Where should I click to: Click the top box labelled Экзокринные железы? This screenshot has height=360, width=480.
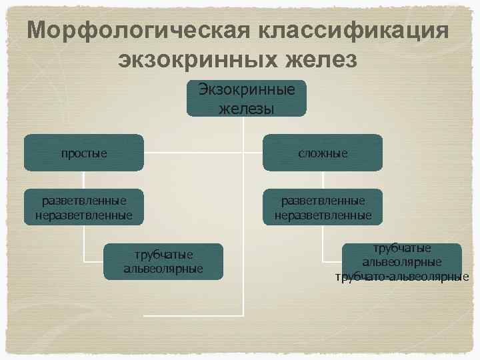(x=246, y=98)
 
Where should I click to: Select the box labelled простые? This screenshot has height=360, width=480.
(x=84, y=153)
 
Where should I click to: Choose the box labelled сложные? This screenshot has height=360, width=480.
(x=323, y=153)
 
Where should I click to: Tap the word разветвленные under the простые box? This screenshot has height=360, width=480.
(x=83, y=200)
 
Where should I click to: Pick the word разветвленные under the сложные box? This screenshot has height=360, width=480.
(x=323, y=200)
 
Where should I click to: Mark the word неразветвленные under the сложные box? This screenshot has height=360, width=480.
(x=323, y=215)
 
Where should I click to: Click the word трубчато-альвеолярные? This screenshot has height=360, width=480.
(x=402, y=277)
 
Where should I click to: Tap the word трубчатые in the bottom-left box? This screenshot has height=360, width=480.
(x=164, y=254)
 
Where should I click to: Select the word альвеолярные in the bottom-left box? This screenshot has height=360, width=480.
(x=164, y=269)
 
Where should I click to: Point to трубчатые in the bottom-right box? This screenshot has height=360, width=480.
(x=402, y=248)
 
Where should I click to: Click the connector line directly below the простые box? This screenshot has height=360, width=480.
(x=84, y=180)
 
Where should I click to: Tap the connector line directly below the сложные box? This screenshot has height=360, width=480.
(x=323, y=180)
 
